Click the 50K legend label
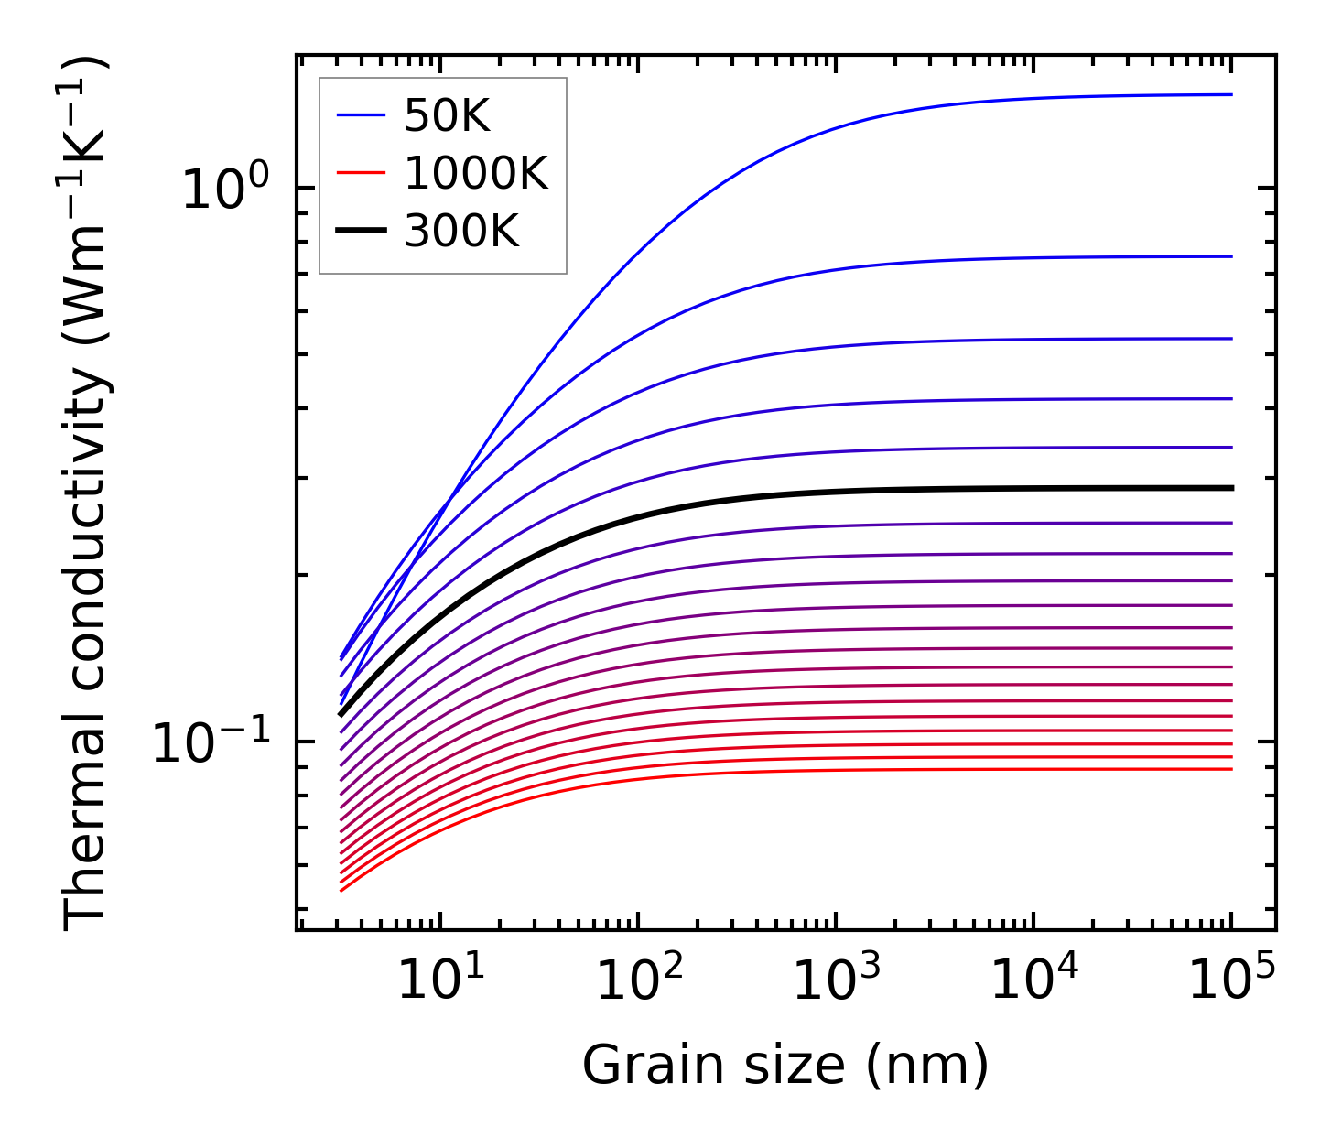point(447,116)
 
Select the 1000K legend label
point(476,173)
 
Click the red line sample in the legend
point(362,173)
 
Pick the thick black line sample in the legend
point(362,231)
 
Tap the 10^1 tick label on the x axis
point(440,980)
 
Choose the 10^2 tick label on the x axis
point(638,980)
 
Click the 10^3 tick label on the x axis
point(836,980)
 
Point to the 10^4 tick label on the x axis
point(1033,980)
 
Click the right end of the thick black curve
point(1232,488)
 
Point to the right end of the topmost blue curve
point(1231,94)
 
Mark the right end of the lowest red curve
point(1231,768)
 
